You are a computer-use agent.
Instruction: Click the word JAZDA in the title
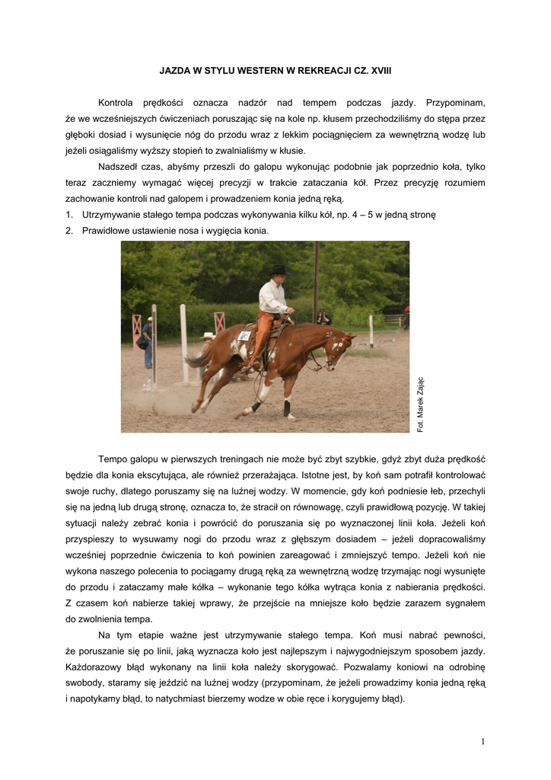(x=174, y=70)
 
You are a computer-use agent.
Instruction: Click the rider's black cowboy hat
(x=279, y=270)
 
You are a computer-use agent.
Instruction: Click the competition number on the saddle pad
(x=244, y=335)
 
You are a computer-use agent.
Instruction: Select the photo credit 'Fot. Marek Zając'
(x=421, y=404)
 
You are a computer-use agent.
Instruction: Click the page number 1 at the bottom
(x=483, y=742)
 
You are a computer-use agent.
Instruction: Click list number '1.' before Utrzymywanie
(x=70, y=215)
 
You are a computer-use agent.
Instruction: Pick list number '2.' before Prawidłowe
(x=70, y=230)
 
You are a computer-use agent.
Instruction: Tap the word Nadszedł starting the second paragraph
(x=119, y=167)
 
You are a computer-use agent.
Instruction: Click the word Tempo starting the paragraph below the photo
(x=112, y=459)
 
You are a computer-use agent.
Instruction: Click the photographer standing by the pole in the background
(x=323, y=316)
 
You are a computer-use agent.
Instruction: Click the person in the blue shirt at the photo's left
(x=146, y=339)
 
